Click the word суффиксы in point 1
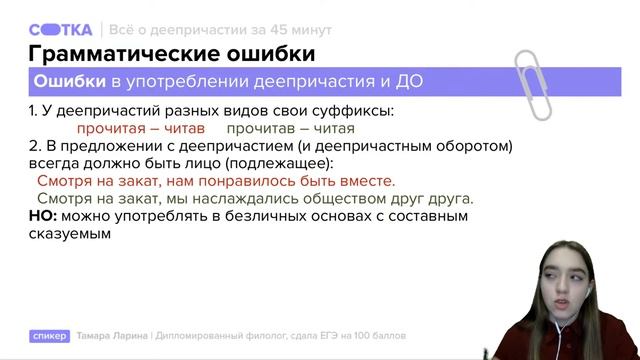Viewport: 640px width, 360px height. [x=349, y=110]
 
